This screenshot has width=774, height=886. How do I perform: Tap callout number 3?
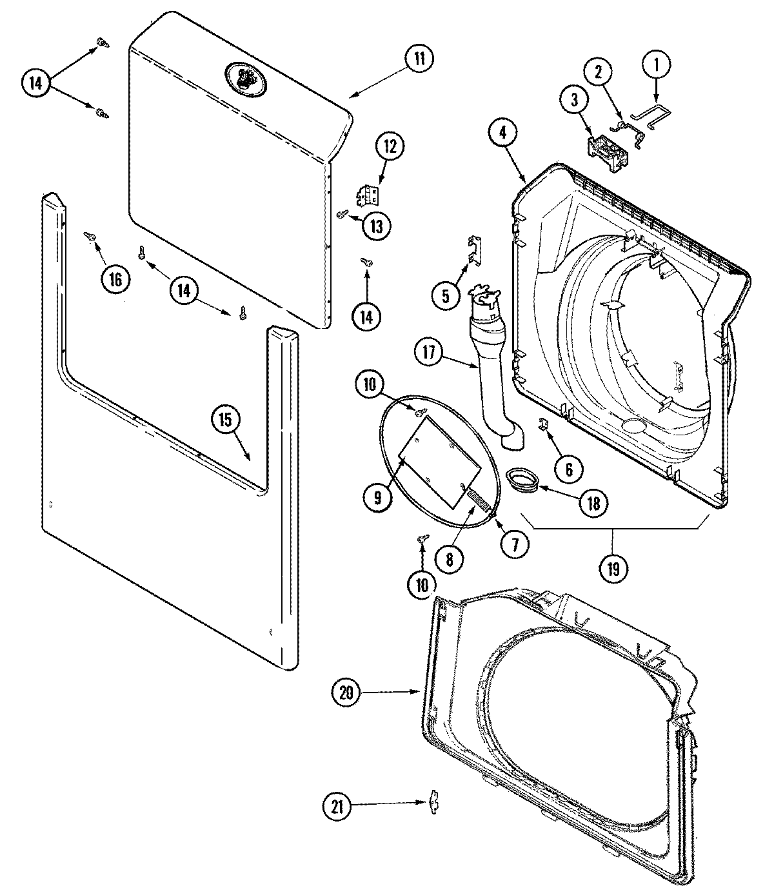(x=573, y=99)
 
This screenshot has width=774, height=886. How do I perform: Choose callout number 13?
(x=375, y=226)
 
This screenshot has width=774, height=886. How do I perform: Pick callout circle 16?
(x=114, y=279)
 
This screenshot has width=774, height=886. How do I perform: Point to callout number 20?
(x=347, y=693)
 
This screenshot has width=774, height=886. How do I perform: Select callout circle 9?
(x=377, y=497)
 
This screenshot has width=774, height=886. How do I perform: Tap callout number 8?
(x=449, y=558)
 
